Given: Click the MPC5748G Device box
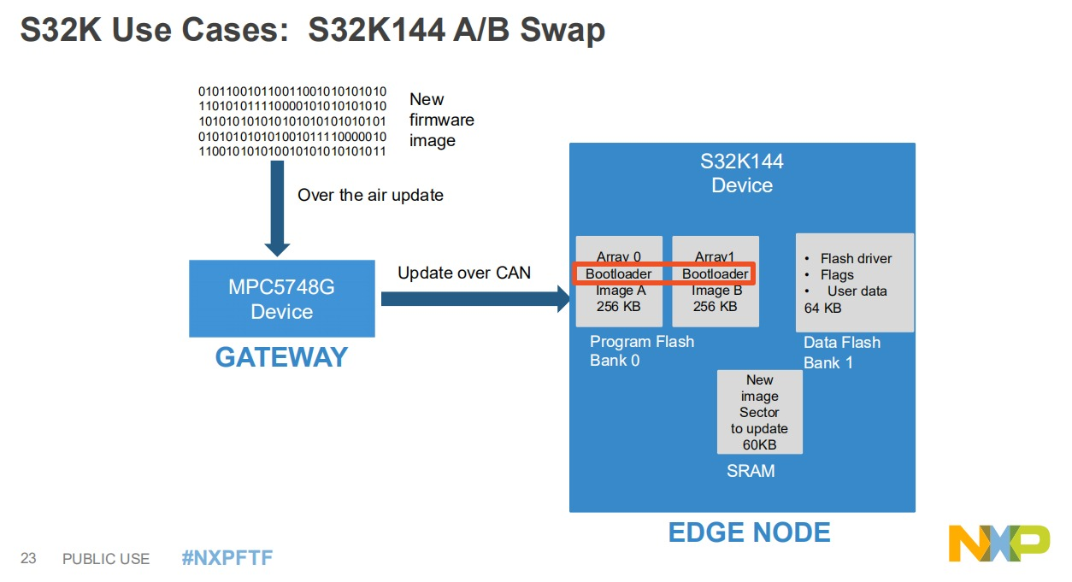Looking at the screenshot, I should pyautogui.click(x=281, y=298).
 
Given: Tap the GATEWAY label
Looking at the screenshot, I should pyautogui.click(x=281, y=356).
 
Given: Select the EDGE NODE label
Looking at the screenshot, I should pyautogui.click(x=749, y=532).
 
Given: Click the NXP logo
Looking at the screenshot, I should pyautogui.click(x=998, y=544).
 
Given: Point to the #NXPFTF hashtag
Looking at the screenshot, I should pyautogui.click(x=227, y=558).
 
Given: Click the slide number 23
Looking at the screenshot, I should pyautogui.click(x=28, y=559).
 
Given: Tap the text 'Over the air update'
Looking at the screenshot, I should pyautogui.click(x=370, y=195).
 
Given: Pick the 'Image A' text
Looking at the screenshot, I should pyautogui.click(x=620, y=291).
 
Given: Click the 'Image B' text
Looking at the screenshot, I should pyautogui.click(x=716, y=291).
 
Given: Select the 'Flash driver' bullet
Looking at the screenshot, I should pyautogui.click(x=855, y=258).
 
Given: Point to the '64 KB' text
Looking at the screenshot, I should pyautogui.click(x=822, y=308).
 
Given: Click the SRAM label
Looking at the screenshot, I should pyautogui.click(x=751, y=471).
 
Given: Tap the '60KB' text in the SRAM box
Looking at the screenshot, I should pyautogui.click(x=759, y=444).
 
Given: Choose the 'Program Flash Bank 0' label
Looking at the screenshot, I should pyautogui.click(x=641, y=351).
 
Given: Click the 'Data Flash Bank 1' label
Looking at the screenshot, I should pyautogui.click(x=841, y=352).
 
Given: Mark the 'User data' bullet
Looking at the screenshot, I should pyautogui.click(x=857, y=291).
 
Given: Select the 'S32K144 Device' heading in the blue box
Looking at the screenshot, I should pyautogui.click(x=742, y=173).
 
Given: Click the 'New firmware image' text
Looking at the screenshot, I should pyautogui.click(x=441, y=120).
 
